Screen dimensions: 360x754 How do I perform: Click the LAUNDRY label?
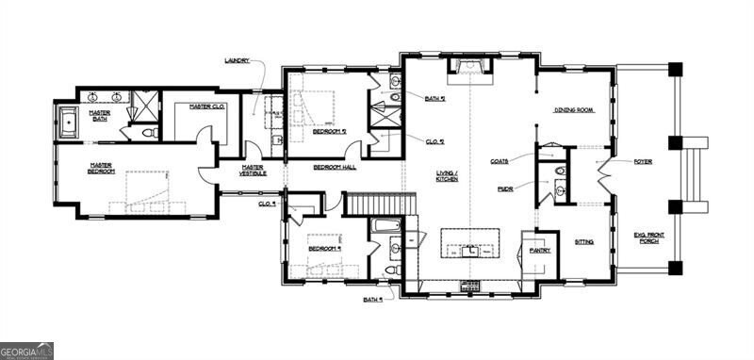coord(237,60)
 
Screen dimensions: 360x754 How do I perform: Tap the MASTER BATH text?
coord(100,115)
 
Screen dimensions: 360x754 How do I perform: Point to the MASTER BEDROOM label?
coord(101,168)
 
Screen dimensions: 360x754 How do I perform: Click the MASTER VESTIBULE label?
coord(252,171)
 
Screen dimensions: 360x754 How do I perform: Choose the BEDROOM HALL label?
coord(335,166)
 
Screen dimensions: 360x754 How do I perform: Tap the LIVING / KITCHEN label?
coord(447,175)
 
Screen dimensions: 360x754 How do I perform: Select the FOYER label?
coord(643,160)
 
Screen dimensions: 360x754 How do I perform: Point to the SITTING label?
coord(584,241)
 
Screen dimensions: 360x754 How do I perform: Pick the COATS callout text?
coord(500,161)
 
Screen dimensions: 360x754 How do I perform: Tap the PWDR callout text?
coord(505,188)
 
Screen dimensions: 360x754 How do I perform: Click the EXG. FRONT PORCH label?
coord(648,237)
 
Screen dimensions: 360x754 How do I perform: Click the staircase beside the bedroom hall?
coord(381,205)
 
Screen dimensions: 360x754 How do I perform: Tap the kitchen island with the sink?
coord(468,244)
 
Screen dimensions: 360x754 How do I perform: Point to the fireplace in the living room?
coord(468,64)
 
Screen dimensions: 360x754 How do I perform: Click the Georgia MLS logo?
coord(27,351)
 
